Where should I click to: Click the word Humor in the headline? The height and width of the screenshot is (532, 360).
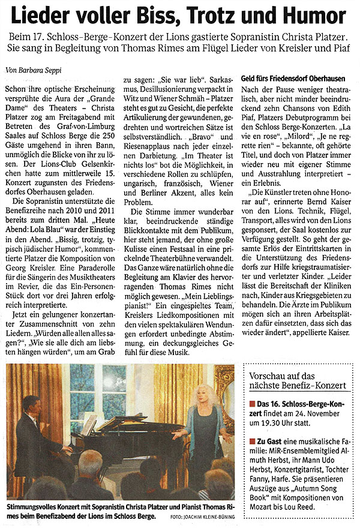pos(319,16)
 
